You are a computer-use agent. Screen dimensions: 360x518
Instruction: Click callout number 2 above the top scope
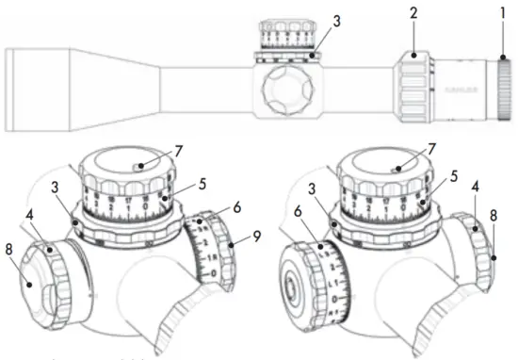413,16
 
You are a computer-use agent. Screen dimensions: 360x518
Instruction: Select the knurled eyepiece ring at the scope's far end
505,92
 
